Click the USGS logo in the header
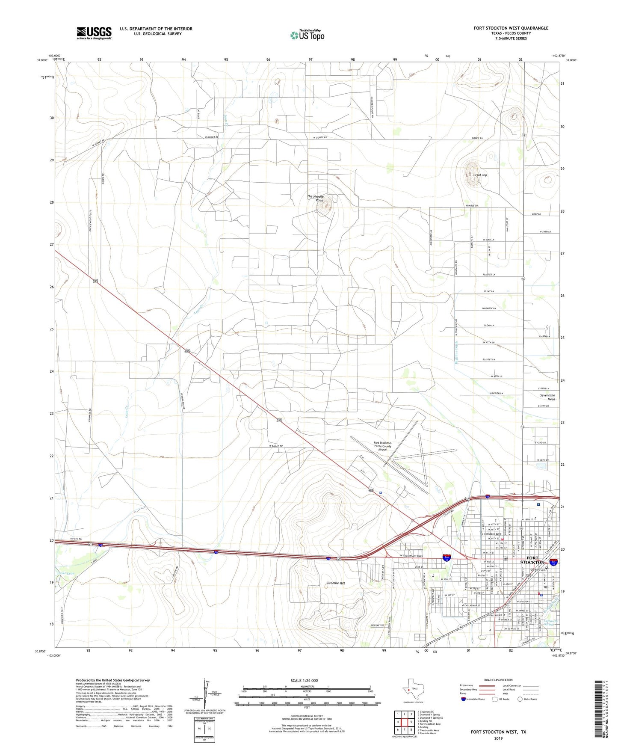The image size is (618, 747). tap(94, 33)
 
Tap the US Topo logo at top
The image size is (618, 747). tap(307, 35)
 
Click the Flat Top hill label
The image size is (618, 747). tap(481, 175)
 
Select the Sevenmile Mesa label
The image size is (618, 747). tap(547, 397)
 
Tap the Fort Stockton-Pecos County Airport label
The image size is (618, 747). tap(382, 446)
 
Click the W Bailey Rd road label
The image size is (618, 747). tap(276, 446)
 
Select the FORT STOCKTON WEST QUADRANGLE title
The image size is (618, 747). tap(511, 28)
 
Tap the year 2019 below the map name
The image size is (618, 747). tap(498, 738)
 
